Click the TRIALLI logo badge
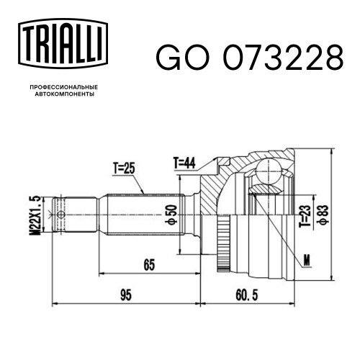click(63, 43)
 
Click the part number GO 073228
click(250, 58)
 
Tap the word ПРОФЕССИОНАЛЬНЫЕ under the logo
click(64, 87)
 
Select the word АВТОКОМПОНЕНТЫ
click(65, 94)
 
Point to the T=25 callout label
click(124, 168)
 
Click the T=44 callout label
click(184, 163)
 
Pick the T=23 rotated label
click(305, 217)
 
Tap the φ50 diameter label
click(171, 215)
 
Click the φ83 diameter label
click(323, 215)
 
